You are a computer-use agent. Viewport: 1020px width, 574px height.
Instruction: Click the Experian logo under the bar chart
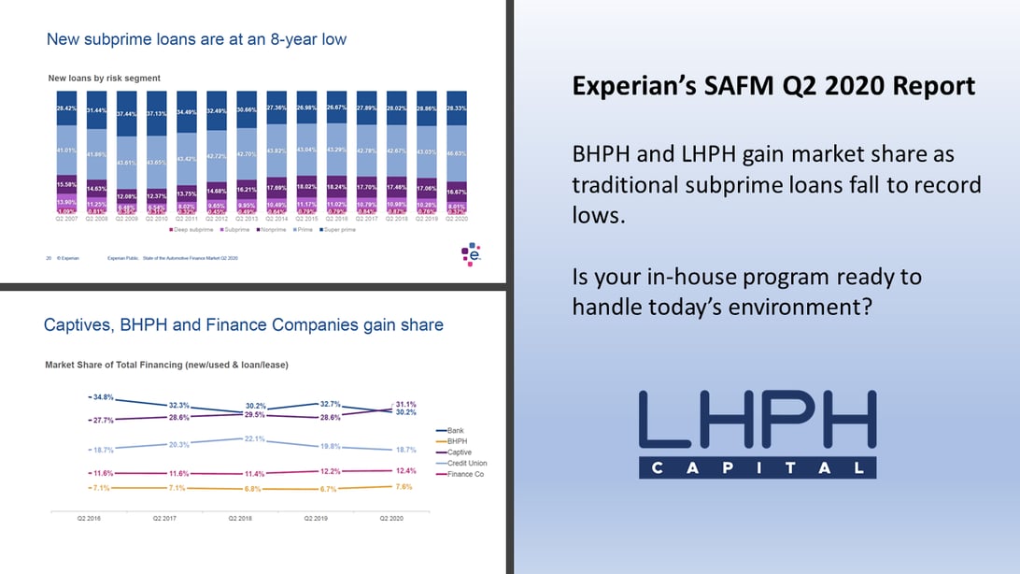coord(472,253)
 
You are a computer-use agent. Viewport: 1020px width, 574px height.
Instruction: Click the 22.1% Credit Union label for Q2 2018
coord(255,438)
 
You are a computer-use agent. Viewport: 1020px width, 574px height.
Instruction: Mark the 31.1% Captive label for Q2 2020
coord(406,404)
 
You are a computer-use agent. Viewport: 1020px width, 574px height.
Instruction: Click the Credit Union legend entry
coord(468,464)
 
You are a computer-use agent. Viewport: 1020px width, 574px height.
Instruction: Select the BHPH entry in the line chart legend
coord(458,441)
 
